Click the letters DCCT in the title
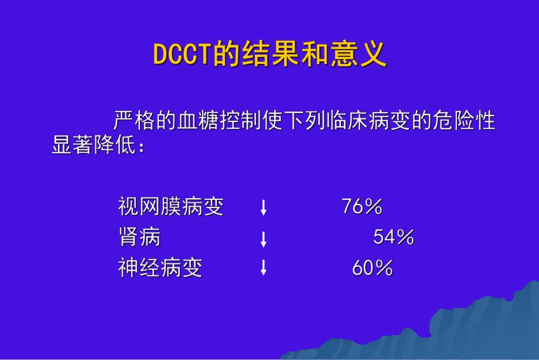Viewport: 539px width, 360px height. [182, 55]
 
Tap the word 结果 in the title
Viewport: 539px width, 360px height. [263, 55]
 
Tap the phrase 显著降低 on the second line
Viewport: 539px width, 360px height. [94, 145]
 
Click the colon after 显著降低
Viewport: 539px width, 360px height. [141, 146]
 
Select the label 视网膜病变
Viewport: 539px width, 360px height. [170, 206]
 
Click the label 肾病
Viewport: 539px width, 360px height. [139, 237]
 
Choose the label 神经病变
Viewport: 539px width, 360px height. [160, 268]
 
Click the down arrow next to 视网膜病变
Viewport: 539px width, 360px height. [264, 207]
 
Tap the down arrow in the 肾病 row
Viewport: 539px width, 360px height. [264, 237]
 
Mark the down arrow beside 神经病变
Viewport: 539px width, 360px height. [264, 268]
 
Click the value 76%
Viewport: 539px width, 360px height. [361, 206]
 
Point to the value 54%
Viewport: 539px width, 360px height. [393, 237]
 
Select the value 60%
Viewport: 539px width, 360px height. [372, 268]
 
